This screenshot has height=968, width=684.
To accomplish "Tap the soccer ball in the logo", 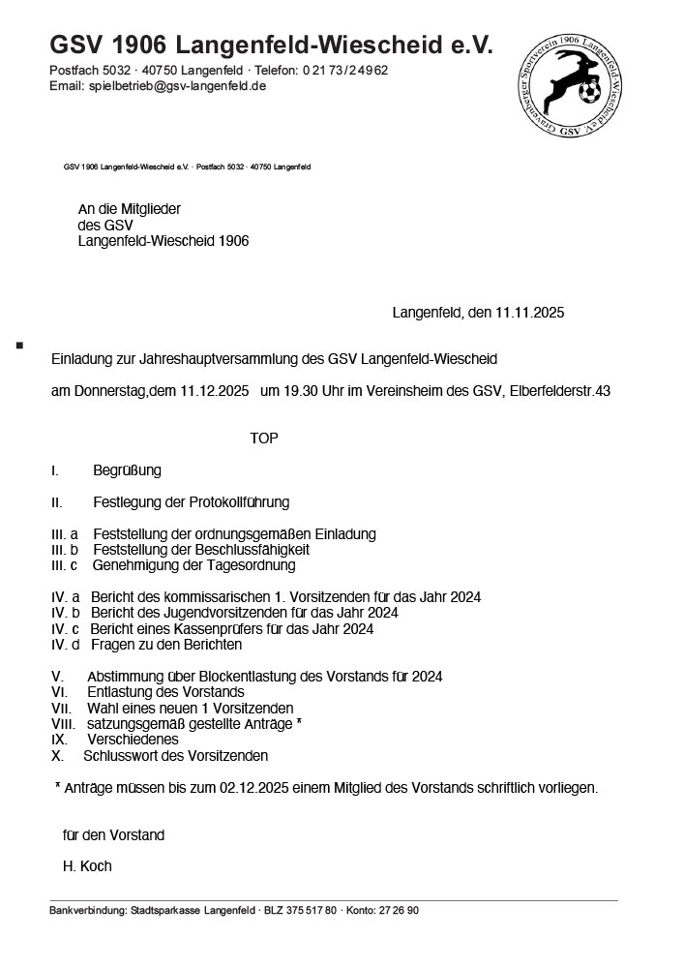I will [588, 94].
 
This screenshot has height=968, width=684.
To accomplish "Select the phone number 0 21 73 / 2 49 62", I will [345, 71].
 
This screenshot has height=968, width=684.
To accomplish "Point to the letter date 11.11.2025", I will [529, 313].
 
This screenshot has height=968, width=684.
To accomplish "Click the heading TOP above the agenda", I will [264, 439].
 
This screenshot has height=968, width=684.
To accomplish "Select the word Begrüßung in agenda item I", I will [127, 471].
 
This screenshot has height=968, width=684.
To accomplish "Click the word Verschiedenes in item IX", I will [133, 740].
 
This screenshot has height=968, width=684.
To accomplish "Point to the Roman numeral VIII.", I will [63, 724].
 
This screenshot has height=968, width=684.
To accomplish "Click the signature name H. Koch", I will [87, 866].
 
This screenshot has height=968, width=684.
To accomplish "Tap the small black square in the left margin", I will [19, 344].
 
